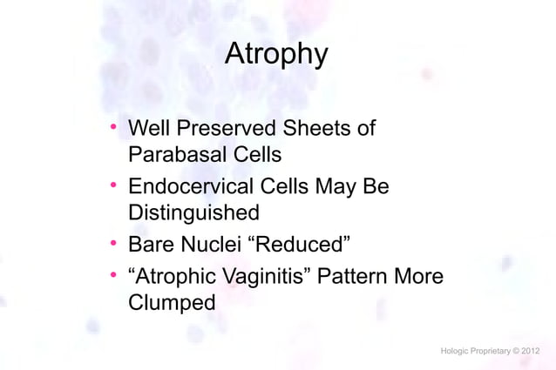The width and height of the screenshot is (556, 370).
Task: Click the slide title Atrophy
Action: tap(276, 55)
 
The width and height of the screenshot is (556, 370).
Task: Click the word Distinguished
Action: tap(193, 213)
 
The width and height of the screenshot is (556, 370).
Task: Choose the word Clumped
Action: tap(171, 305)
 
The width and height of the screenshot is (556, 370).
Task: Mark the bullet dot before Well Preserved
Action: tap(113, 130)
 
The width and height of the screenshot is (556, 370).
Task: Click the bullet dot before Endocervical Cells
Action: tap(113, 186)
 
